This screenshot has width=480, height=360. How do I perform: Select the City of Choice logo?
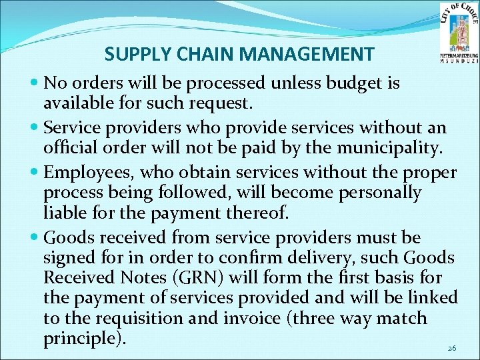[458, 31]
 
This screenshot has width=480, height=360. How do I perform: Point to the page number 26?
[452, 348]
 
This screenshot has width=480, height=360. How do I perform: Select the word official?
[71, 147]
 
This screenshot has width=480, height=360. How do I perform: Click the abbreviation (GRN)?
[183, 277]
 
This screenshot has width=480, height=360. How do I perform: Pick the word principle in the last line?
[81, 339]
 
